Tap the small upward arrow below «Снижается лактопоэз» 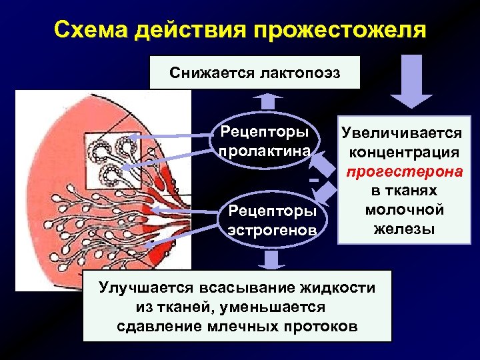coord(268,100)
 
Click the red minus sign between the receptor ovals coord(311,181)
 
